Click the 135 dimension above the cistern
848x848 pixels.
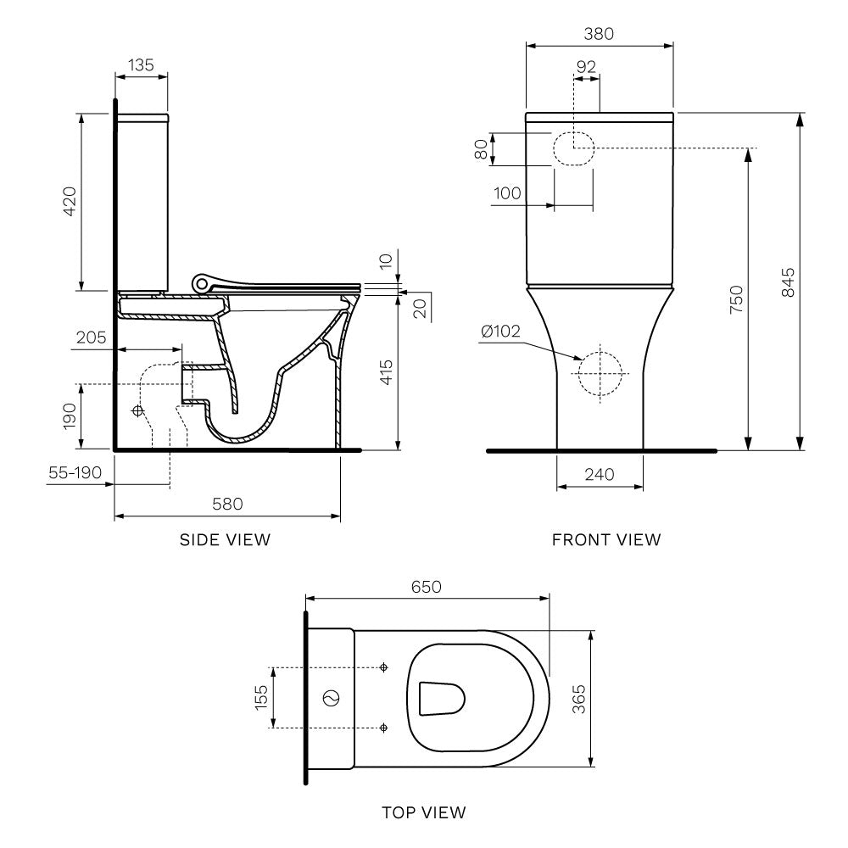click(141, 64)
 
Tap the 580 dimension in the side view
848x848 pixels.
click(227, 504)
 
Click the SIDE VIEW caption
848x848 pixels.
click(225, 539)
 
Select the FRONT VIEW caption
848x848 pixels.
click(605, 539)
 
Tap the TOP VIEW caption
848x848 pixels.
click(423, 812)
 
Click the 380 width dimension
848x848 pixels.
click(599, 34)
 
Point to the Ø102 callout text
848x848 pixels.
click(500, 332)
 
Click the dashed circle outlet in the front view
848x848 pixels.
click(600, 372)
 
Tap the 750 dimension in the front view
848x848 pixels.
click(735, 300)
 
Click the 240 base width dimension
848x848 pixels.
click(599, 475)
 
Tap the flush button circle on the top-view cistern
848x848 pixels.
click(332, 698)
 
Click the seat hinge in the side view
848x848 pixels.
click(202, 281)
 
